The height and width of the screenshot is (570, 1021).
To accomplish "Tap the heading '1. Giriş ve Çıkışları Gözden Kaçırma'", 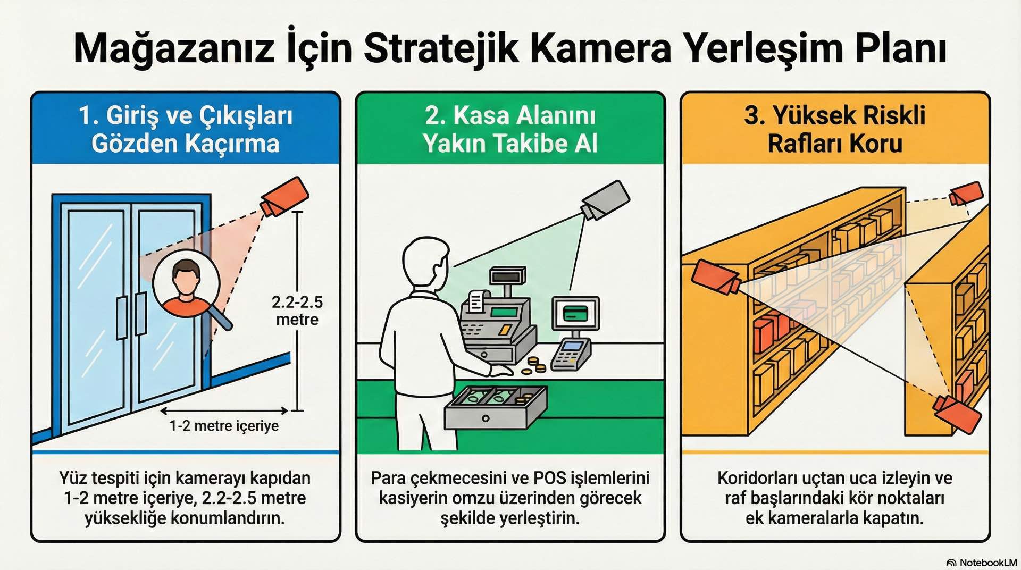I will [x=185, y=129].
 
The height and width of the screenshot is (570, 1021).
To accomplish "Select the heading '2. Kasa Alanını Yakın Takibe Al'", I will [x=510, y=129].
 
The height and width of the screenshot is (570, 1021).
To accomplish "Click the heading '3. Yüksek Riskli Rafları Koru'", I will [x=834, y=129].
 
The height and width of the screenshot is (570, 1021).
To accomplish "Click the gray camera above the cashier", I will [x=606, y=200].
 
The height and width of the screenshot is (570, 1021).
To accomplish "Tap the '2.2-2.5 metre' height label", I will [x=297, y=311].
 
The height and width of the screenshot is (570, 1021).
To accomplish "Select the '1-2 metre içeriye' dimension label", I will [x=224, y=426].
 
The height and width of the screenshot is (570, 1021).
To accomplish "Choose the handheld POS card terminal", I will [x=571, y=354].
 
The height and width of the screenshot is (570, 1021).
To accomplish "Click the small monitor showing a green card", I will [x=575, y=314].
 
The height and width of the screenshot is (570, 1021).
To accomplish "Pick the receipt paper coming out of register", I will [x=477, y=301].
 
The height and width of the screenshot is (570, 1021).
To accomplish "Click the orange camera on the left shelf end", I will [x=716, y=277].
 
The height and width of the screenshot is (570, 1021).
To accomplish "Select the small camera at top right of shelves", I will [x=966, y=194].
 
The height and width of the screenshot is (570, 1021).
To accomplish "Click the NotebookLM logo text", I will [x=987, y=563].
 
